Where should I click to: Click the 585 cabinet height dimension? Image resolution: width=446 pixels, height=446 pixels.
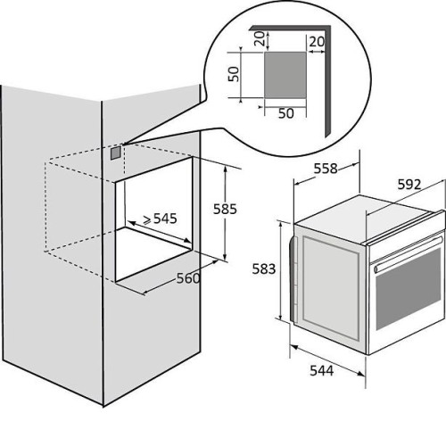pos(225,209)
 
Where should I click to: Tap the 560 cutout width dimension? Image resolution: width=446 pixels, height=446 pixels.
pos(188,278)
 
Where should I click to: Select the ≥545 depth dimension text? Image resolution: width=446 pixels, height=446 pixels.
pos(160,219)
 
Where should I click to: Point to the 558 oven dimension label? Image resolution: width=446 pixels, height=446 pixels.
pos(326,169)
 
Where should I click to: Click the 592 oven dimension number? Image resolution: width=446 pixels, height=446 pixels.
pos(409,185)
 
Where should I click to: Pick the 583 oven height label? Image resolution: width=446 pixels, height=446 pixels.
pos(264,269)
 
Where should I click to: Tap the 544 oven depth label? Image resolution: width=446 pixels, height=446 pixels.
pos(322,371)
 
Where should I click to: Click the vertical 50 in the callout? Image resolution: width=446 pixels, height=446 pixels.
pos(234,74)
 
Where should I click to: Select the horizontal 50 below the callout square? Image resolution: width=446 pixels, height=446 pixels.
pos(286,113)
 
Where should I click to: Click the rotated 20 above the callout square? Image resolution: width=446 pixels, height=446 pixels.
pos(260,38)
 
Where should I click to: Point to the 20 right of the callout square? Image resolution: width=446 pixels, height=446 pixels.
pos(317,42)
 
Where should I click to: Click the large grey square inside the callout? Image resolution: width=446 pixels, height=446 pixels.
pos(285,75)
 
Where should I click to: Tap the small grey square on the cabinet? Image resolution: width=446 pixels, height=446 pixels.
pos(116,153)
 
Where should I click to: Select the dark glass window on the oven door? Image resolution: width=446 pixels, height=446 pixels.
pos(409,289)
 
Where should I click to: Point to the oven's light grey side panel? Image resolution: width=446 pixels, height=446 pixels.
pos(331,288)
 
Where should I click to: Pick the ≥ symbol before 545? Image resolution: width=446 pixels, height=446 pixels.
pos(147,219)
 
